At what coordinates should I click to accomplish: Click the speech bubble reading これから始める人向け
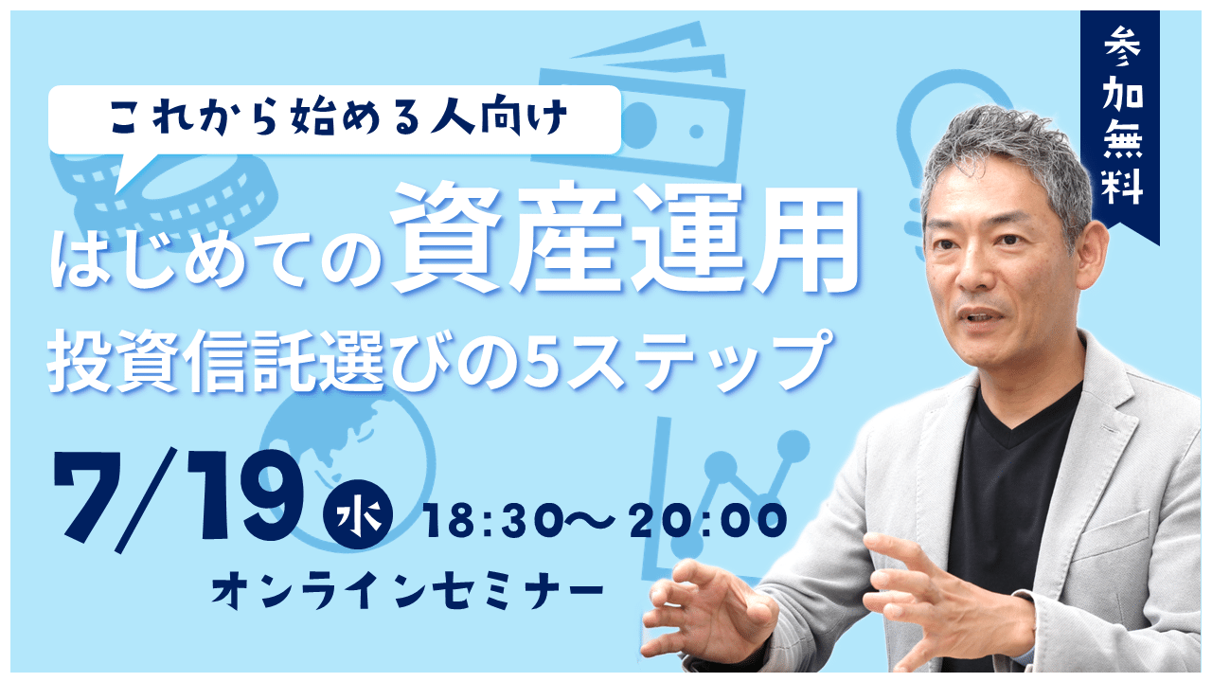[334, 120]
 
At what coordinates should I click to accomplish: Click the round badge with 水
[358, 513]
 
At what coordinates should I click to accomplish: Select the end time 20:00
[707, 520]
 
